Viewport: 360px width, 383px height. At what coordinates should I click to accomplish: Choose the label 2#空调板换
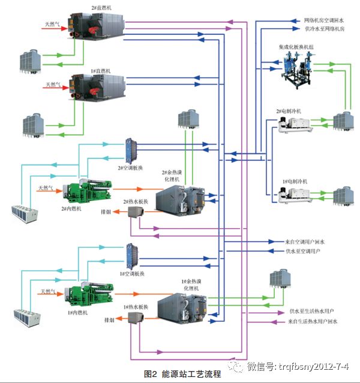click(x=130, y=167)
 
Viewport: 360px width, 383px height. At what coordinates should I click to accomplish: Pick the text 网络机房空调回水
click(x=323, y=20)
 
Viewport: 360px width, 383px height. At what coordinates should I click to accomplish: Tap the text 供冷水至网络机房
click(x=323, y=28)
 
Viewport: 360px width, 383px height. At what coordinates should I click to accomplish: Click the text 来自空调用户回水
click(x=305, y=241)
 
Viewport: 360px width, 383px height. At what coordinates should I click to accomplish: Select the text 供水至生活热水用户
click(x=311, y=312)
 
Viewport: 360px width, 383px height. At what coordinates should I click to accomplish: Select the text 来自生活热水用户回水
click(x=313, y=322)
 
